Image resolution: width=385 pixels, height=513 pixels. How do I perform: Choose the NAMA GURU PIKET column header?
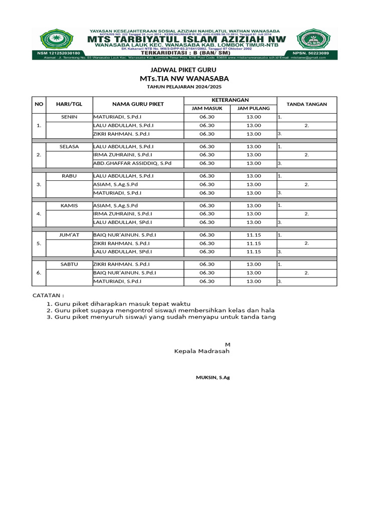(x=137, y=104)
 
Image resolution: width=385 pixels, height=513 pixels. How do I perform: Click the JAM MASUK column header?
(x=207, y=108)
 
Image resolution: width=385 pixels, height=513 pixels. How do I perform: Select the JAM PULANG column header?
(x=253, y=108)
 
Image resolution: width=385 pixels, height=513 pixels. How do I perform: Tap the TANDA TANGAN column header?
(x=306, y=104)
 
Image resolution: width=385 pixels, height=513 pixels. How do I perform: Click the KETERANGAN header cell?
(x=230, y=100)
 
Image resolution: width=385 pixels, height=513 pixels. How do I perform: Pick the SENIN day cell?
(x=69, y=117)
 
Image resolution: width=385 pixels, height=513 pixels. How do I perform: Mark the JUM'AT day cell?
(x=69, y=234)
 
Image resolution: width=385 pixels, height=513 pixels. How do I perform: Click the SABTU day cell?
(x=69, y=264)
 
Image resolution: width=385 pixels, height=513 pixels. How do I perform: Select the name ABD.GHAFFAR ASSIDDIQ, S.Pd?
(x=132, y=163)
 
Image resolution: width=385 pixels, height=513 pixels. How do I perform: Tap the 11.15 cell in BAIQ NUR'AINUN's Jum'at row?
(x=253, y=234)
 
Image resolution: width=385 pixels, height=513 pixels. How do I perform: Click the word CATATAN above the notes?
(x=48, y=296)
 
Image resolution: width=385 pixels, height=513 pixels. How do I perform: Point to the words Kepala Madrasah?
(x=202, y=352)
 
